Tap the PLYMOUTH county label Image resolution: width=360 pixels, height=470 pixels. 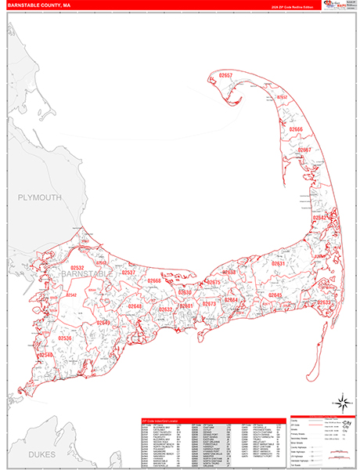tap(39, 198)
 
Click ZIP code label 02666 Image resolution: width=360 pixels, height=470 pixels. tap(295, 128)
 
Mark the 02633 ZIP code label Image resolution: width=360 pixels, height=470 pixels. tap(326, 302)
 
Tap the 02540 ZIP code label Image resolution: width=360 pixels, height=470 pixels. tap(47, 356)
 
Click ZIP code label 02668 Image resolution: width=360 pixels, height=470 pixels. tap(153, 280)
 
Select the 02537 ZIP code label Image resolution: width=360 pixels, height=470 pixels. tap(128, 273)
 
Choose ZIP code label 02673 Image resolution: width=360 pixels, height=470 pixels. tap(209, 304)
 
